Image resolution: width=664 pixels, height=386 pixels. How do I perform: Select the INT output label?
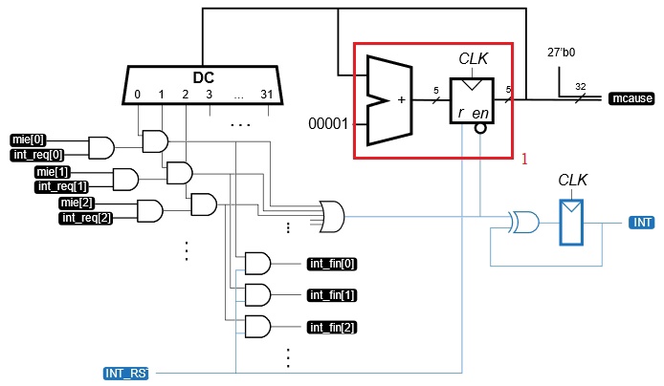[641, 223]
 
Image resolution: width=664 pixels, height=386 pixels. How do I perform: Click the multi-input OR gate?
[332, 216]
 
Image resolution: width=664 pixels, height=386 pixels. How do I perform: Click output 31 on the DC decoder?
[265, 95]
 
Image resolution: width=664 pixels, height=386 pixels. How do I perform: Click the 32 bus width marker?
[580, 86]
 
